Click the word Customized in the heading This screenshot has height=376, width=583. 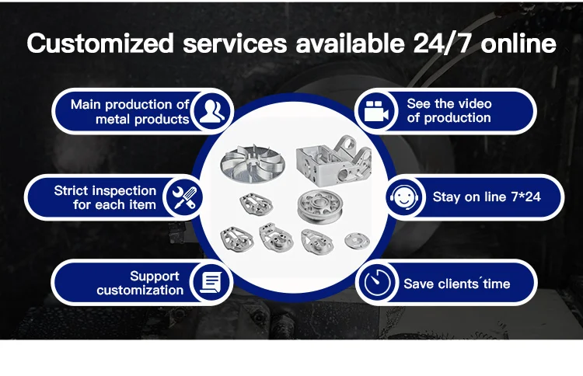pyautogui.click(x=100, y=44)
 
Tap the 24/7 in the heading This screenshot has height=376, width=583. pyautogui.click(x=442, y=44)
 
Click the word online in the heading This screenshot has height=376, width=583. pyautogui.click(x=518, y=44)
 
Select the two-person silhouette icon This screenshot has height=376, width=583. pyautogui.click(x=212, y=111)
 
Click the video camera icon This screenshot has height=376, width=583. pyautogui.click(x=376, y=111)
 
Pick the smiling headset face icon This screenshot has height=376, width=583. pyautogui.click(x=404, y=197)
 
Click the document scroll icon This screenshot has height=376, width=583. pyautogui.click(x=211, y=282)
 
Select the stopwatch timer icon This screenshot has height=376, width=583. pyautogui.click(x=377, y=283)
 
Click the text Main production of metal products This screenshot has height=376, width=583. pyautogui.click(x=130, y=111)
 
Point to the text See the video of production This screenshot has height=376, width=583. pyautogui.click(x=449, y=111)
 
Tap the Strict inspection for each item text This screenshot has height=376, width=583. pyautogui.click(x=105, y=197)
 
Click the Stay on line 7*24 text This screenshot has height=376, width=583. pyautogui.click(x=487, y=197)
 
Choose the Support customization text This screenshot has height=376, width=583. pyautogui.click(x=140, y=283)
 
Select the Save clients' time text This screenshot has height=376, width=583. pyautogui.click(x=456, y=284)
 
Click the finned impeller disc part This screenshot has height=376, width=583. pyautogui.click(x=253, y=163)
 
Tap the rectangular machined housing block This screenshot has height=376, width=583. pyautogui.click(x=333, y=160)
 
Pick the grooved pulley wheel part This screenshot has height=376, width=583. pyautogui.click(x=319, y=206)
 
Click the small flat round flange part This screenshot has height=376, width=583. pyautogui.click(x=357, y=241)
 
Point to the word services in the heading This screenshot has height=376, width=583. pyautogui.click(x=235, y=44)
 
